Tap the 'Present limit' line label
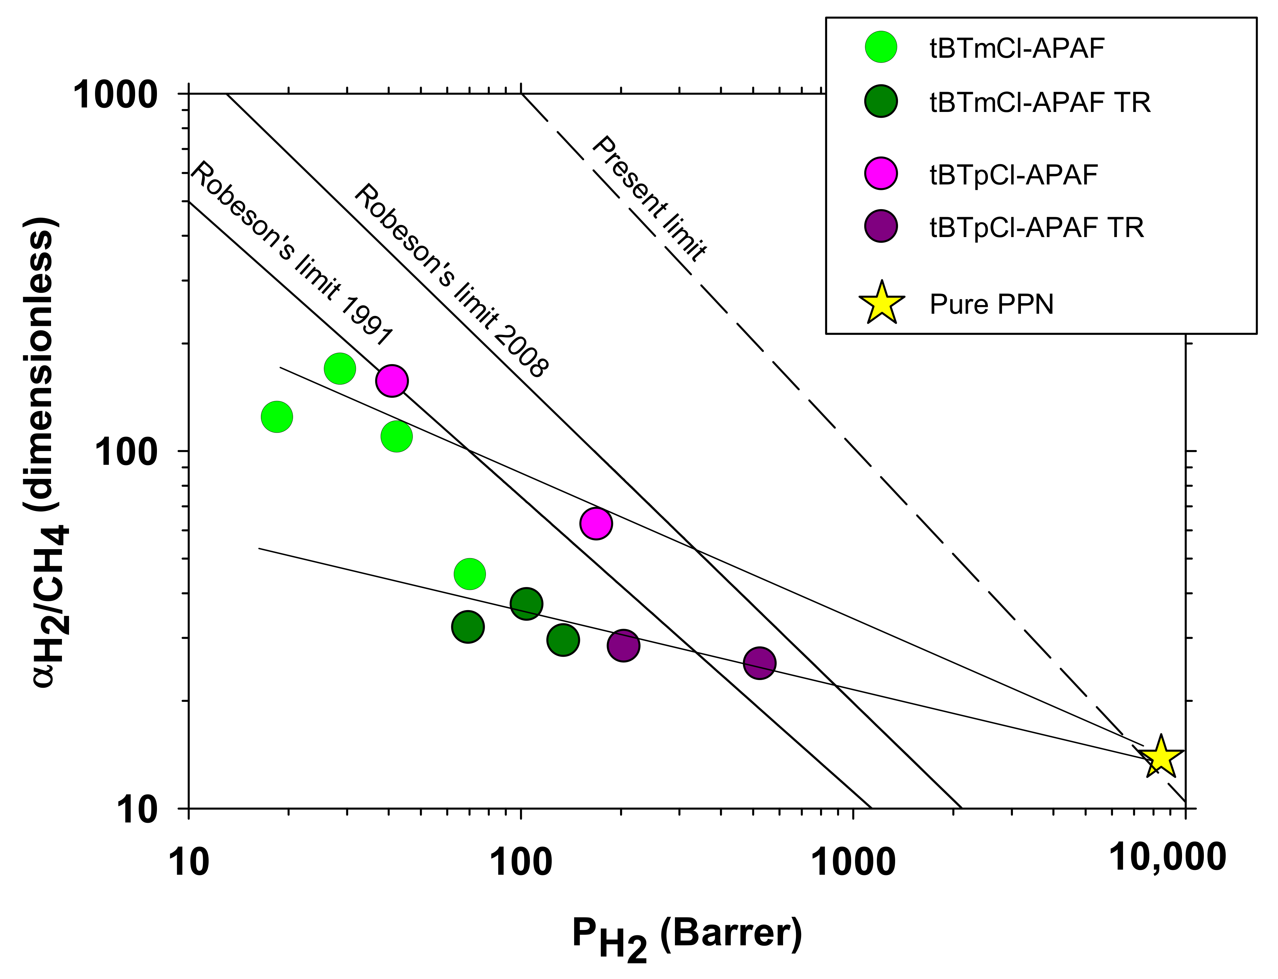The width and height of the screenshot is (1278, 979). tap(649, 199)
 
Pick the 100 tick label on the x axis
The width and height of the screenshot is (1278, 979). tap(521, 863)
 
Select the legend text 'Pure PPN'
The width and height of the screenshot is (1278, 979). tap(991, 304)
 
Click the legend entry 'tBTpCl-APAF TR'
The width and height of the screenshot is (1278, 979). tap(1036, 227)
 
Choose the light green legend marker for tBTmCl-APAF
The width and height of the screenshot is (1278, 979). tap(880, 47)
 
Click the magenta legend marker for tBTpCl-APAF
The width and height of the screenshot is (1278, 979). tap(880, 173)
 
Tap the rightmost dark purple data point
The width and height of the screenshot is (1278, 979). tap(759, 663)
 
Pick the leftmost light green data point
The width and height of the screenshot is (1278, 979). tap(277, 417)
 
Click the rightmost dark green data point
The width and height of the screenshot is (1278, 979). tap(563, 640)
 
